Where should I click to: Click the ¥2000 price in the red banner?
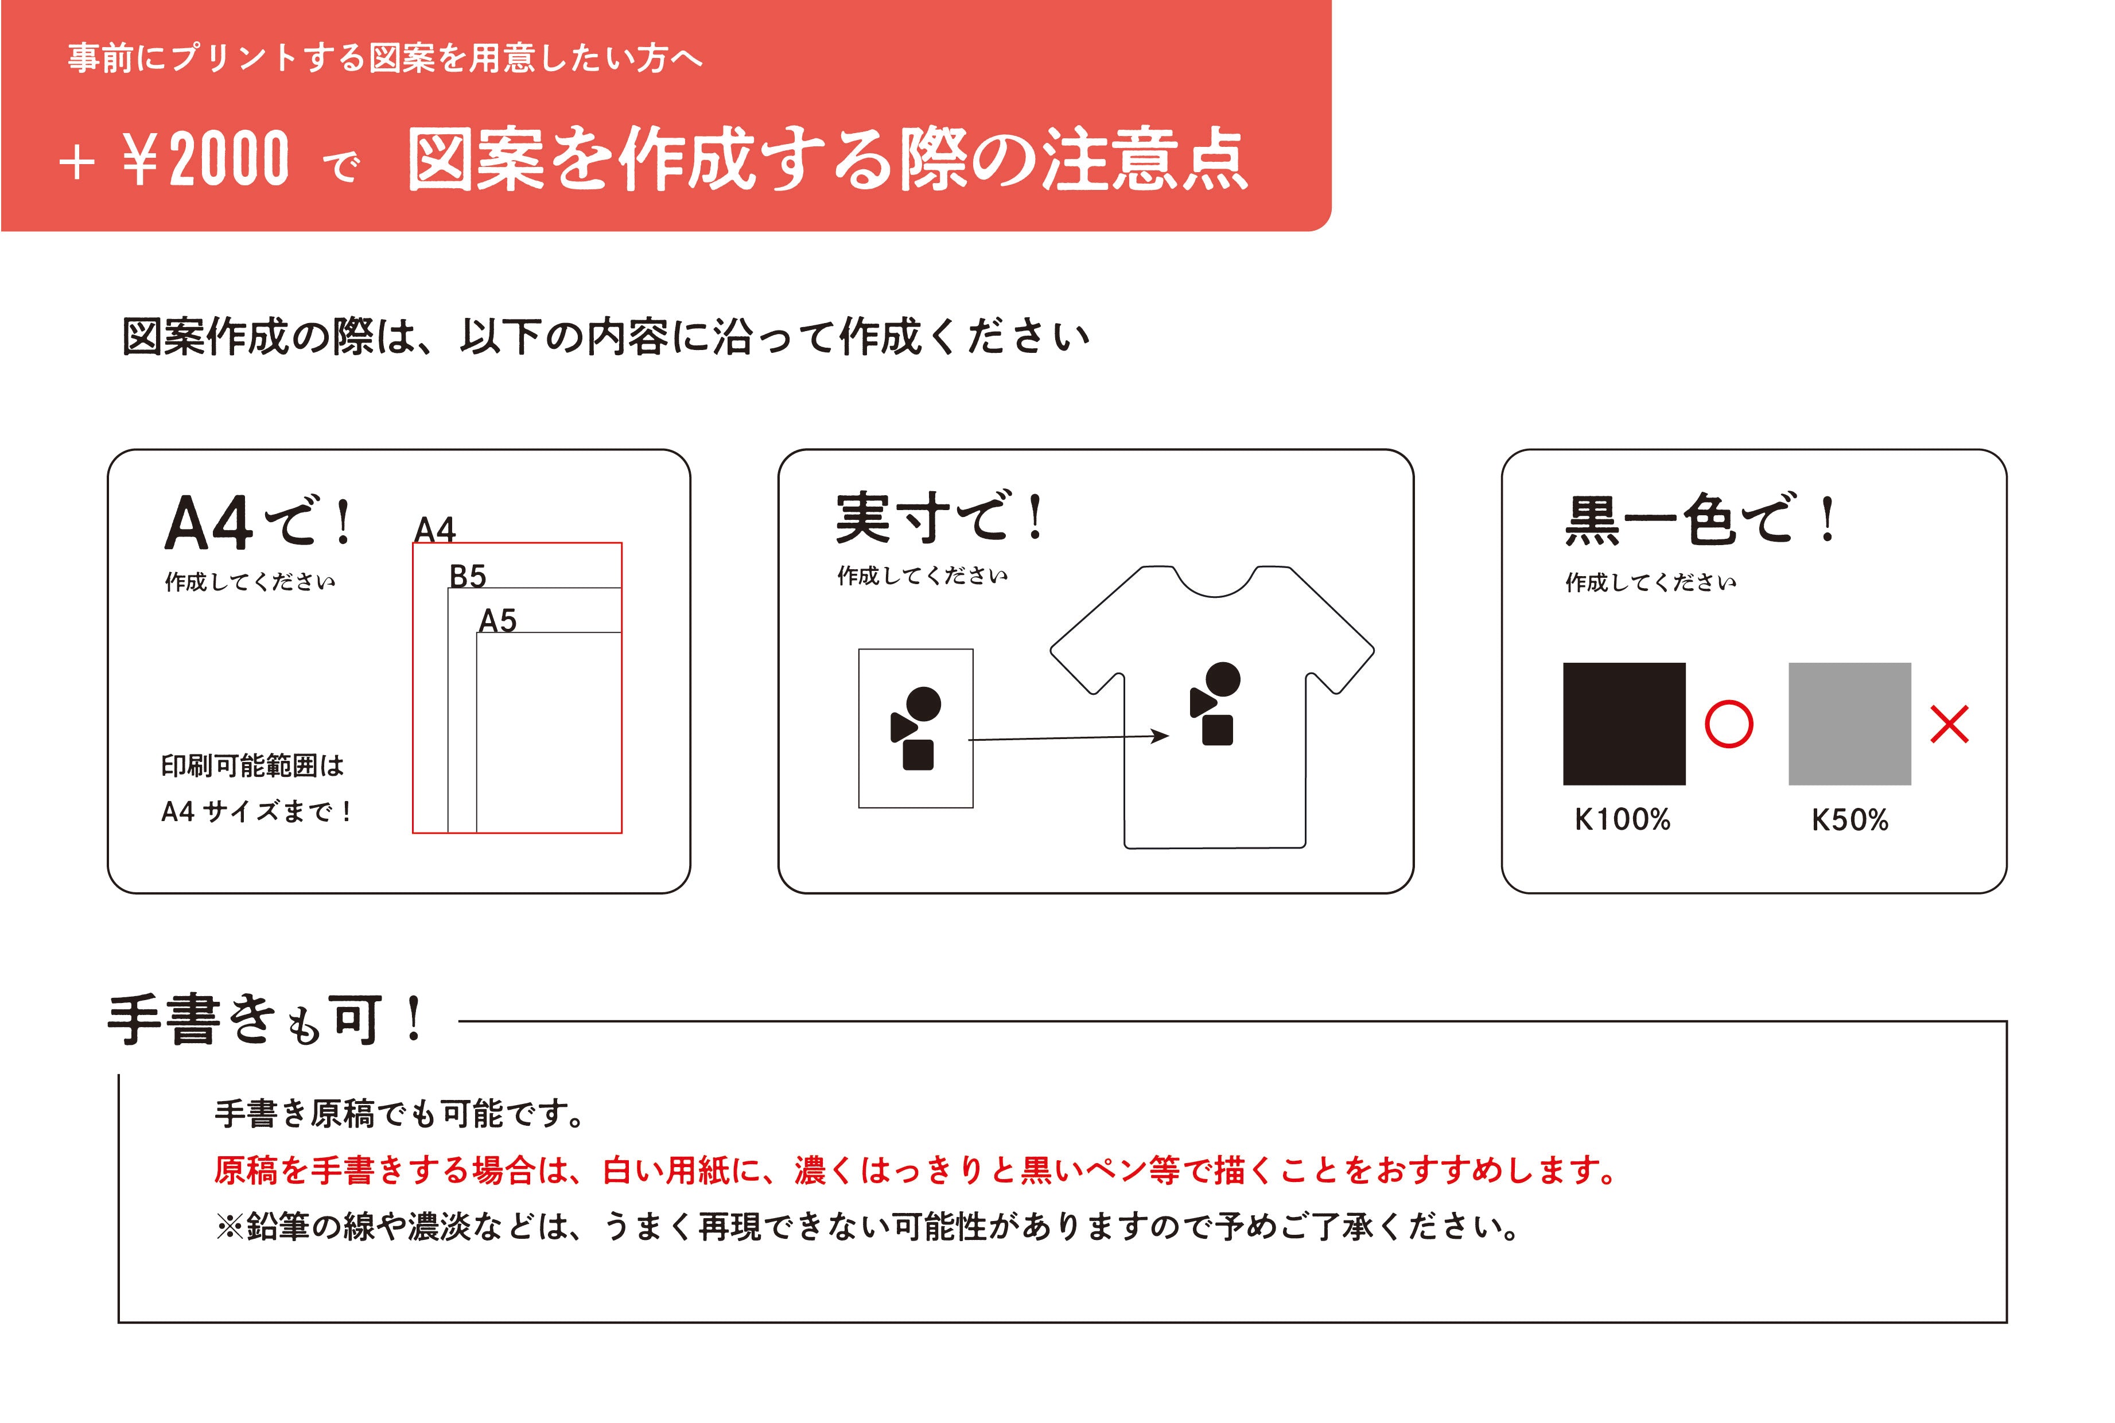pyautogui.click(x=206, y=159)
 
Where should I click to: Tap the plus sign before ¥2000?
pyautogui.click(x=77, y=164)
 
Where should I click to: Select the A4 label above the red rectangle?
pyautogui.click(x=434, y=529)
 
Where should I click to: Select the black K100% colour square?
pyautogui.click(x=1624, y=724)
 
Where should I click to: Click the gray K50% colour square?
pyautogui.click(x=1849, y=724)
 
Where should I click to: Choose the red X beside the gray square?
pyautogui.click(x=1949, y=724)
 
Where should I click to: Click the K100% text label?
pyautogui.click(x=1622, y=819)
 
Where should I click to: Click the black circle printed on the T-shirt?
pyautogui.click(x=1223, y=679)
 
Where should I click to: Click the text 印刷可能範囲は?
pyautogui.click(x=252, y=766)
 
